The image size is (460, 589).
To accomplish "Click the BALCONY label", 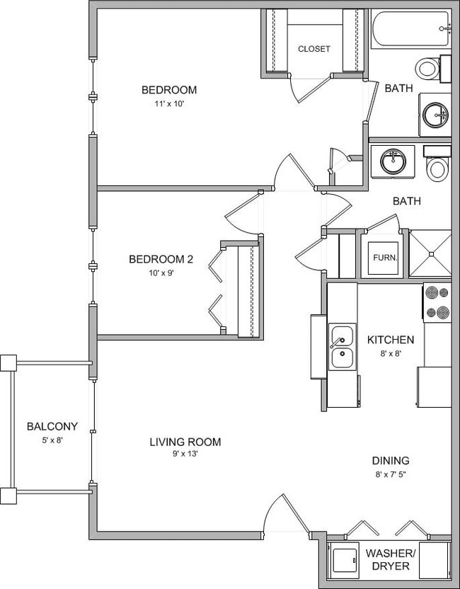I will tap(52, 426).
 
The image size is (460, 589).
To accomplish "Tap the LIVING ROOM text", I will tap(185, 442).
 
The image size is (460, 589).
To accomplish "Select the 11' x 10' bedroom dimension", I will tap(168, 103).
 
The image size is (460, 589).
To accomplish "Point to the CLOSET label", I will tap(314, 49).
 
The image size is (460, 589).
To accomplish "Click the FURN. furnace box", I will tap(385, 257).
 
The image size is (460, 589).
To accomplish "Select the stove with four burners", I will tap(437, 302).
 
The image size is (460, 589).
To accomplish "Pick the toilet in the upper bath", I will tap(427, 69).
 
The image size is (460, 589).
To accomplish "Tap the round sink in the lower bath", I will tap(392, 161).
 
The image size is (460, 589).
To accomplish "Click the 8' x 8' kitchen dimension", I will tap(390, 353).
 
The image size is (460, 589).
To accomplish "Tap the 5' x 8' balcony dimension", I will tap(52, 440).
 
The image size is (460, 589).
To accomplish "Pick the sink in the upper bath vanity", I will tap(434, 113).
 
